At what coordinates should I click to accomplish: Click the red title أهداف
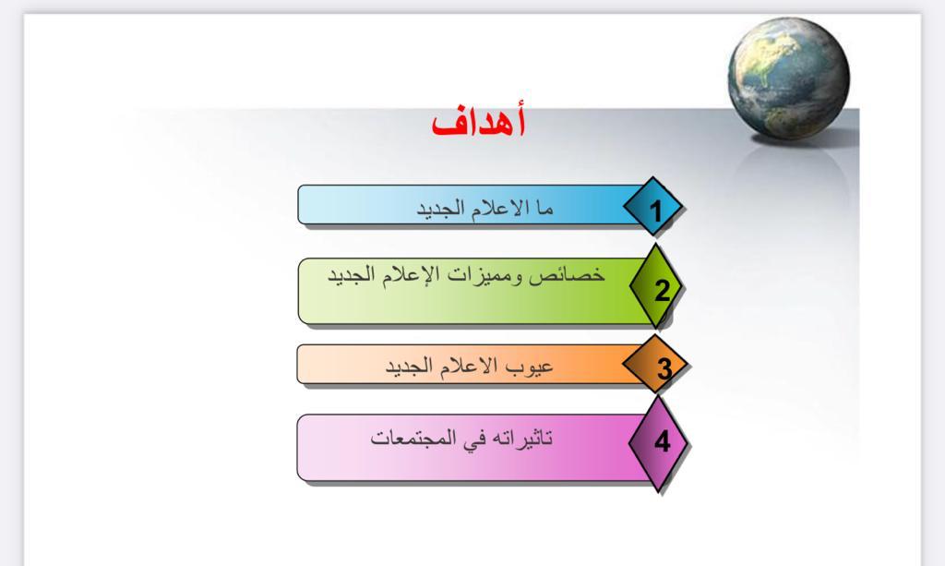click(479, 122)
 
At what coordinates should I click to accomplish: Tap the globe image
click(788, 78)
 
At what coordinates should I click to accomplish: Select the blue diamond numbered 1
click(653, 207)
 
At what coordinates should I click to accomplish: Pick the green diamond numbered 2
click(656, 286)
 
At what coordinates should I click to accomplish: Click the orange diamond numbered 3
click(655, 366)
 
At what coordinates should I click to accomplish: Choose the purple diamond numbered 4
click(658, 442)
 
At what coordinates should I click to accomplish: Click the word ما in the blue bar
click(543, 208)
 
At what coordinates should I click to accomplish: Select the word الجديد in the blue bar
click(441, 210)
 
